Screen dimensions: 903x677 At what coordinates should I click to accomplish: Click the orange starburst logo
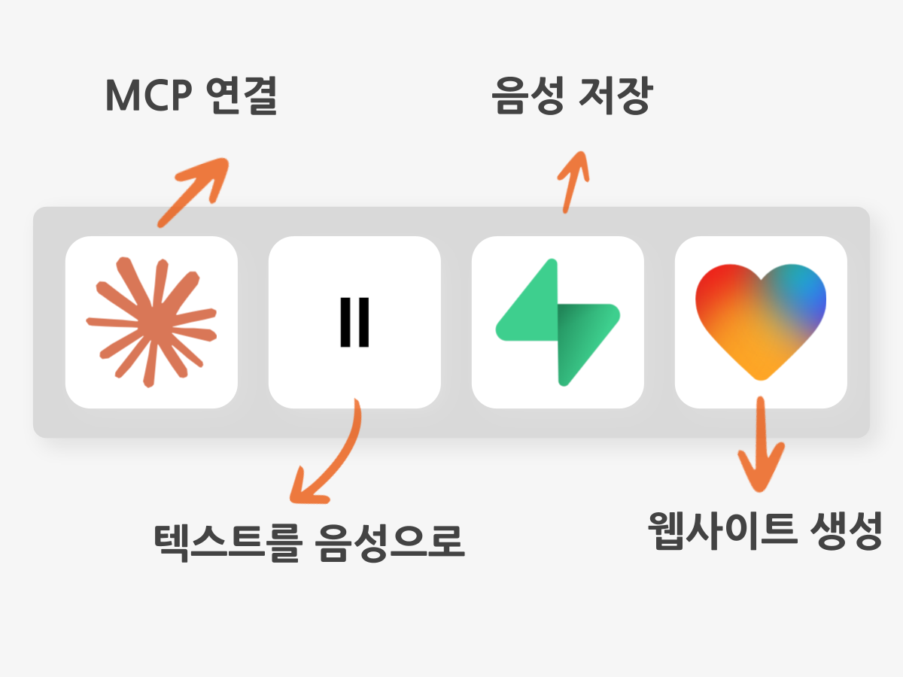[x=151, y=322]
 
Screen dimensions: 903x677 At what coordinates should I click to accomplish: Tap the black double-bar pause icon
[x=354, y=322]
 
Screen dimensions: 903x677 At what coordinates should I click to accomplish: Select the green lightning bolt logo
[x=558, y=322]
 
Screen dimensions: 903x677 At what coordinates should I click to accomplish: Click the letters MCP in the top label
[x=148, y=96]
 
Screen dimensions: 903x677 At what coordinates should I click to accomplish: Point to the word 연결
[x=241, y=96]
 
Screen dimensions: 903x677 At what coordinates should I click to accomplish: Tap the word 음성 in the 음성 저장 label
[x=528, y=96]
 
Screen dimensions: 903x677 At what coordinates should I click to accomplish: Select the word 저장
[x=616, y=96]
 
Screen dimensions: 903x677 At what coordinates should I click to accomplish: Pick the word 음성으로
[x=390, y=542]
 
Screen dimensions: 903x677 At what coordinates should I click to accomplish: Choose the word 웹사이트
[x=723, y=530]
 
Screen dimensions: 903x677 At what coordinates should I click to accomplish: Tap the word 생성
[x=847, y=530]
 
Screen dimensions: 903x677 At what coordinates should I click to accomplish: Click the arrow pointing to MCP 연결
[x=193, y=192]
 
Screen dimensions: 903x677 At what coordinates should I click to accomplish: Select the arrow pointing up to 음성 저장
[x=573, y=182]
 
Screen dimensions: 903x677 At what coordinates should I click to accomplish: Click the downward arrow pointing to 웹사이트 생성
[x=761, y=444]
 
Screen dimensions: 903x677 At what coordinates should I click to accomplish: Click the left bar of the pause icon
[x=345, y=322]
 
